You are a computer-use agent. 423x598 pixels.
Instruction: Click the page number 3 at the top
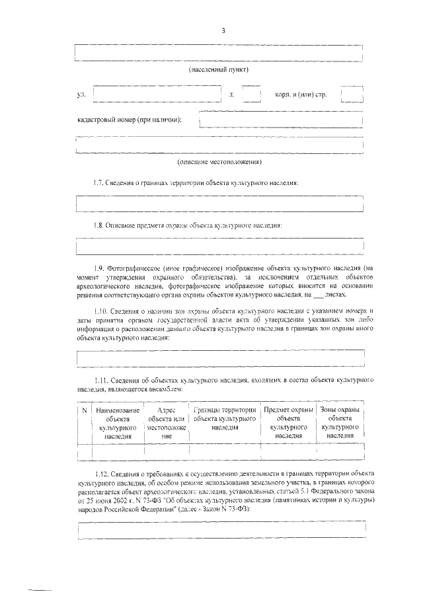pos(223,31)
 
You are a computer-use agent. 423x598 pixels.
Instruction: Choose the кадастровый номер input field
pos(281,120)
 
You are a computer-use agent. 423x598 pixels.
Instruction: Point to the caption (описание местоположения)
pos(219,162)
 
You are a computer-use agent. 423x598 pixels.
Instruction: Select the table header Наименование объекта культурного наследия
pos(118,424)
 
